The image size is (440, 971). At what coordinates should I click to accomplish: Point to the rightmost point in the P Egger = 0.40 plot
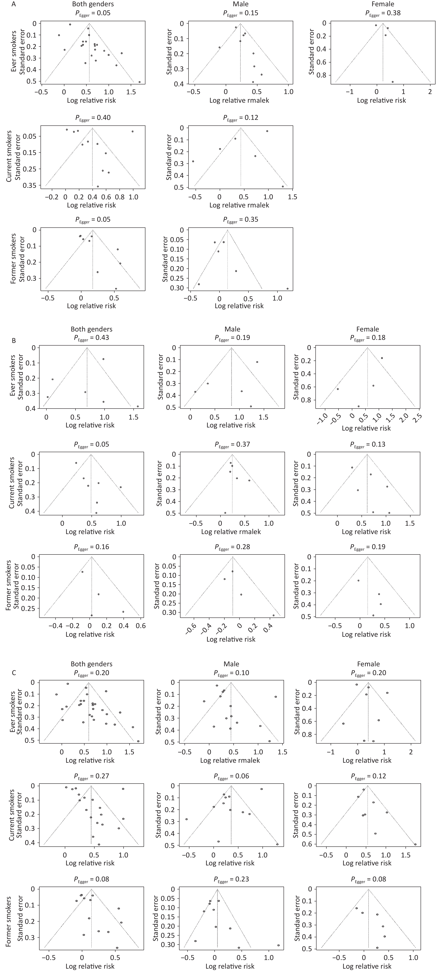coord(132,131)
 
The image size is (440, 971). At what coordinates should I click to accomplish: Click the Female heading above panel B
coord(368,329)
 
